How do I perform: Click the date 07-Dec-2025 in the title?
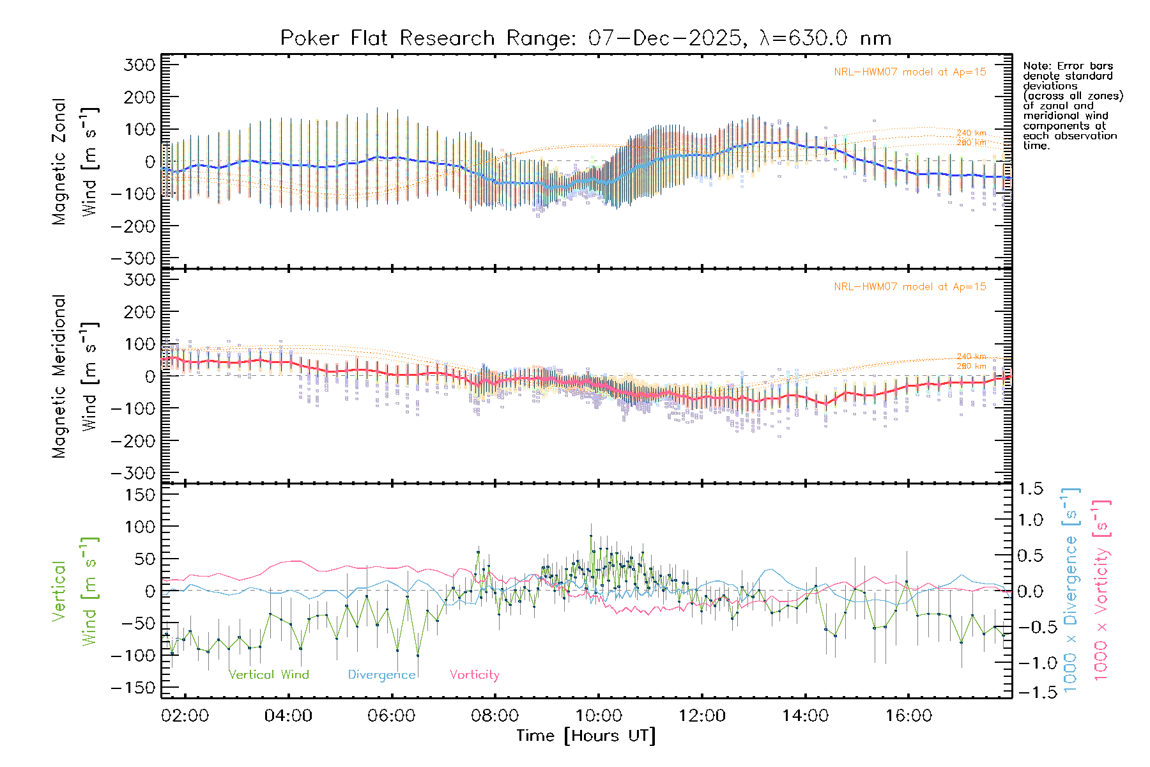coord(665,38)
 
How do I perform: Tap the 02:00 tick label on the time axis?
coord(185,715)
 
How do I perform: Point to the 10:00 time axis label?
coord(599,715)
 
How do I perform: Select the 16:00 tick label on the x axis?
coord(908,715)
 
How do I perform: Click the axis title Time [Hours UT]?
coord(586,736)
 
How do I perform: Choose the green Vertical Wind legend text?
coord(268,674)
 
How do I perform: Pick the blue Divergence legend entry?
coord(381,674)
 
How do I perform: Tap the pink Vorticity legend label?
coord(474,674)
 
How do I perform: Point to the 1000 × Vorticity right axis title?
coord(1101,590)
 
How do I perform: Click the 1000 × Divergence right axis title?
coord(1071,590)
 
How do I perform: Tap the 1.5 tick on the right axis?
coord(1031,489)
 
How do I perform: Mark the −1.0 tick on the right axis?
coord(1031,663)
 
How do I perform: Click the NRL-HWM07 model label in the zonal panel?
coord(910,72)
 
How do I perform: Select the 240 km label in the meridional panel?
coord(971,357)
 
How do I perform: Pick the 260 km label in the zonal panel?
coord(971,143)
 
